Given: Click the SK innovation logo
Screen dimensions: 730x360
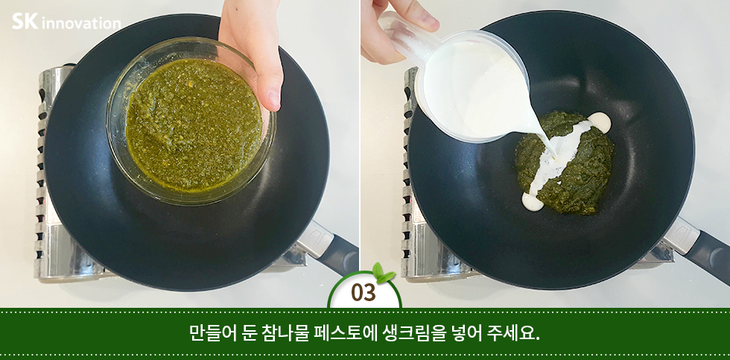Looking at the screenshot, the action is pos(66,22).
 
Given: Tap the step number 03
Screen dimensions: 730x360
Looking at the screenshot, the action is pos(364,293).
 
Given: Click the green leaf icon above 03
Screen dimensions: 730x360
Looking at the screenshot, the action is pos(383,273).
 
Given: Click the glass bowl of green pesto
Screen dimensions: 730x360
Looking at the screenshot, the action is pos(190,120).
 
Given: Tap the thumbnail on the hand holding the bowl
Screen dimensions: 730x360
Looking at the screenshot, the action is pos(273,98).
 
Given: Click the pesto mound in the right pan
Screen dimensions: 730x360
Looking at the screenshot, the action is pos(564,163).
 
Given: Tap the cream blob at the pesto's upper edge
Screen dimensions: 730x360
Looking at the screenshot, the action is pos(600,121).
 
